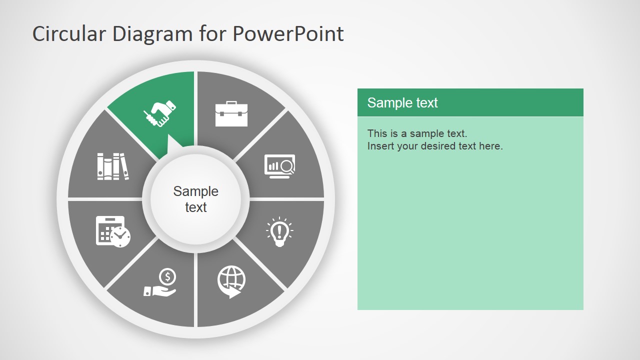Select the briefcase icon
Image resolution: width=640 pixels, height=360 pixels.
click(231, 113)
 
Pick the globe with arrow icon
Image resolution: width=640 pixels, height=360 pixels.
click(231, 281)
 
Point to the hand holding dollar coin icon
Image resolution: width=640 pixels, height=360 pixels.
click(161, 283)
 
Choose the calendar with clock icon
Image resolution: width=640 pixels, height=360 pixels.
click(113, 231)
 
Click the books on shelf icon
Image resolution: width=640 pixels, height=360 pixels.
click(112, 166)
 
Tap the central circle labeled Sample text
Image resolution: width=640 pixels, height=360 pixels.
click(196, 199)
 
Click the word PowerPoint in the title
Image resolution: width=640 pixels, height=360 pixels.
click(288, 34)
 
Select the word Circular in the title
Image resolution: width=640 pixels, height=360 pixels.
click(69, 34)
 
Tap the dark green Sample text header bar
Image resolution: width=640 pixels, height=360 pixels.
click(470, 102)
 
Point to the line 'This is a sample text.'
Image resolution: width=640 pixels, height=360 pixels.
click(417, 133)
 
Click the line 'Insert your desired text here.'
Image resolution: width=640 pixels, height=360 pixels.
click(435, 146)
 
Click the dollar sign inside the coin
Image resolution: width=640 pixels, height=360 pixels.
click(167, 276)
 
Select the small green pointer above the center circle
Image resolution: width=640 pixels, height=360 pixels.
click(174, 145)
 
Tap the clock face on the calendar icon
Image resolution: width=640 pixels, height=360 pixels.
click(120, 236)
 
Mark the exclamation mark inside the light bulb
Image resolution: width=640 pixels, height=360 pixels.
click(279, 230)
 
